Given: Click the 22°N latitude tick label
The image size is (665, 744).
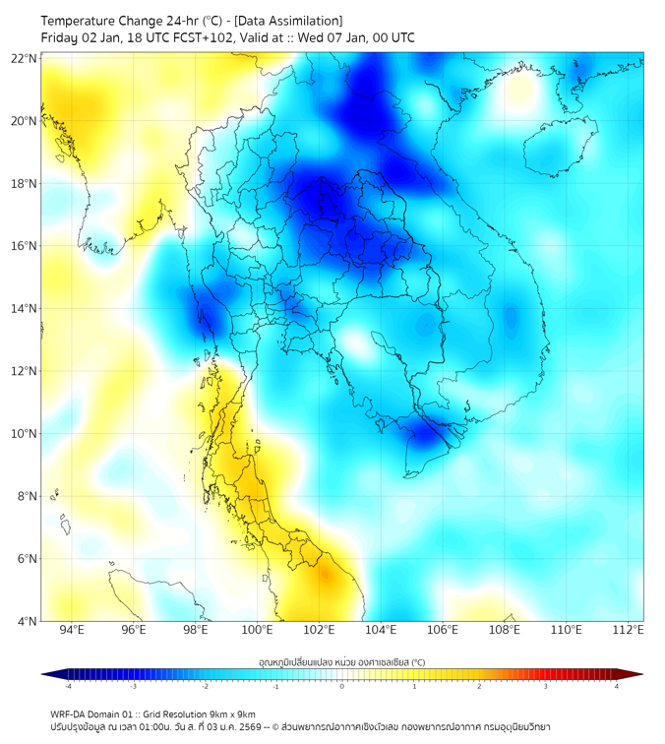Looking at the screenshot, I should coord(24,58).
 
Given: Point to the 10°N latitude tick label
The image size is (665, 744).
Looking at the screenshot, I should coord(24,434).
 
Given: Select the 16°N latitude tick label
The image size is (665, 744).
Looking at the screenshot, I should coord(24,246).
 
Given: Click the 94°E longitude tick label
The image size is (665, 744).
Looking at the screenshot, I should coord(72,630).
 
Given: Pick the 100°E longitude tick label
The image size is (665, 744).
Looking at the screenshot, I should coord(258,630).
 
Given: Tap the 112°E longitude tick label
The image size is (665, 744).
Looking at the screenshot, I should coord(628,630).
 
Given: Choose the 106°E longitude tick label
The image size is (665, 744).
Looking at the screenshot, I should coord(443,630).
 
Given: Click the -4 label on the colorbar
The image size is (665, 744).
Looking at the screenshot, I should coord(67,687).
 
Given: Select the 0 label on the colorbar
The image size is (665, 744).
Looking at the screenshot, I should coord(342,687).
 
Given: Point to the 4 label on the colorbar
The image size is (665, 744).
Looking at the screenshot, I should coord(617,687).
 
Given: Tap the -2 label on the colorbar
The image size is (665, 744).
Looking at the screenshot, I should coord(204,687).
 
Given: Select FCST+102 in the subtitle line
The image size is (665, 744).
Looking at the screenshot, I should coord(189,38).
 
